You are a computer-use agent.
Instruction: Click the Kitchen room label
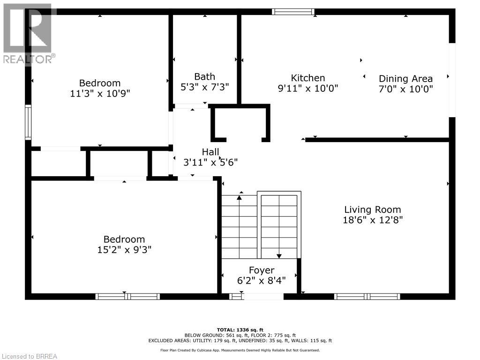(308, 78)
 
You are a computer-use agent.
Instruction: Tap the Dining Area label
(405, 79)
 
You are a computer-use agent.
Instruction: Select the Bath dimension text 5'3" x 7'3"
(205, 87)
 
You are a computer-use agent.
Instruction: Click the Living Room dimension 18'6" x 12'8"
(373, 219)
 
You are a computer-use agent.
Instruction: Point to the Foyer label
(261, 270)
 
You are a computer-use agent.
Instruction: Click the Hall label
(210, 152)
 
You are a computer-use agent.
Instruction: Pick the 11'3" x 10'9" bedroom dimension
(100, 93)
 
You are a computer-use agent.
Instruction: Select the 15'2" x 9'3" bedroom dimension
(121, 249)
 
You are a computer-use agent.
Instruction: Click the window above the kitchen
(293, 12)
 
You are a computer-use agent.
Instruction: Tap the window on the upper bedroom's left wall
(28, 122)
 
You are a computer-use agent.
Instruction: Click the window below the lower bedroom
(127, 296)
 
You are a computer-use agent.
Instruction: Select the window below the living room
(367, 296)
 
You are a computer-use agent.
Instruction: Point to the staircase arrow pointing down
(279, 255)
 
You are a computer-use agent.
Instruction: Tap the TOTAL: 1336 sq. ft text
(240, 330)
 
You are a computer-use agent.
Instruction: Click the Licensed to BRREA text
(29, 356)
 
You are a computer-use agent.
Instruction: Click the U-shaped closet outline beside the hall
(240, 123)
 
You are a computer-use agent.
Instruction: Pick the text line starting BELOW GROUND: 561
(240, 335)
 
